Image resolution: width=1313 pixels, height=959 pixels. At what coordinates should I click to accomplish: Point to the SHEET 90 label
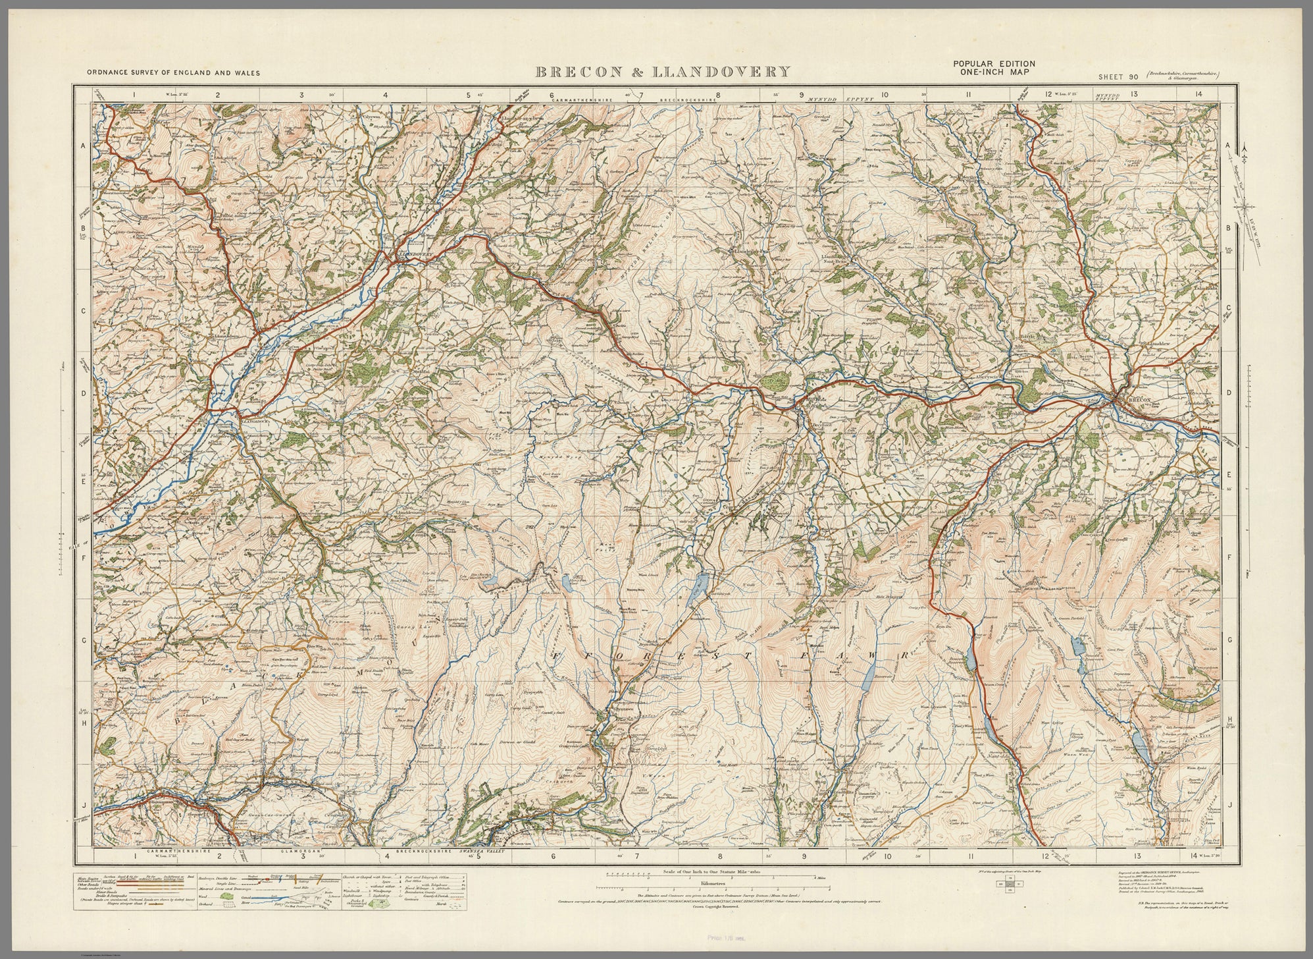[x=1118, y=77]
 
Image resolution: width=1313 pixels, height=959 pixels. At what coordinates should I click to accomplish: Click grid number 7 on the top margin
[x=636, y=94]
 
